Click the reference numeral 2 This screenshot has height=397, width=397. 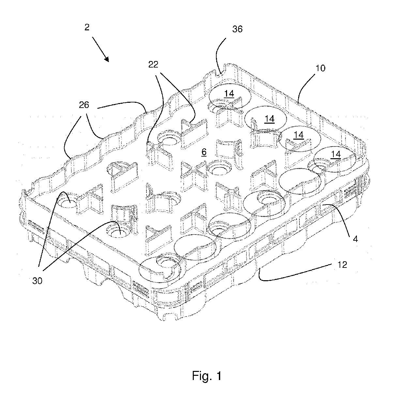pos(87,27)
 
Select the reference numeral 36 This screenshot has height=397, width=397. pos(237,29)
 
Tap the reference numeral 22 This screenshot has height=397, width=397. pos(153,65)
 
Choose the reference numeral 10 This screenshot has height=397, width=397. pos(320,68)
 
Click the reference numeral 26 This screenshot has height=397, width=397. pos(84,105)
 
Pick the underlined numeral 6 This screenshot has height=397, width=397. pos(204,153)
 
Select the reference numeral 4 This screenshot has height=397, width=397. pos(355,239)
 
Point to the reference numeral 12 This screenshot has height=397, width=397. pos(342,265)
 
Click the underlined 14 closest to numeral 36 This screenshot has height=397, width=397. pos(229,94)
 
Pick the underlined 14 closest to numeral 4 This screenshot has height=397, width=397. pos(336,154)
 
